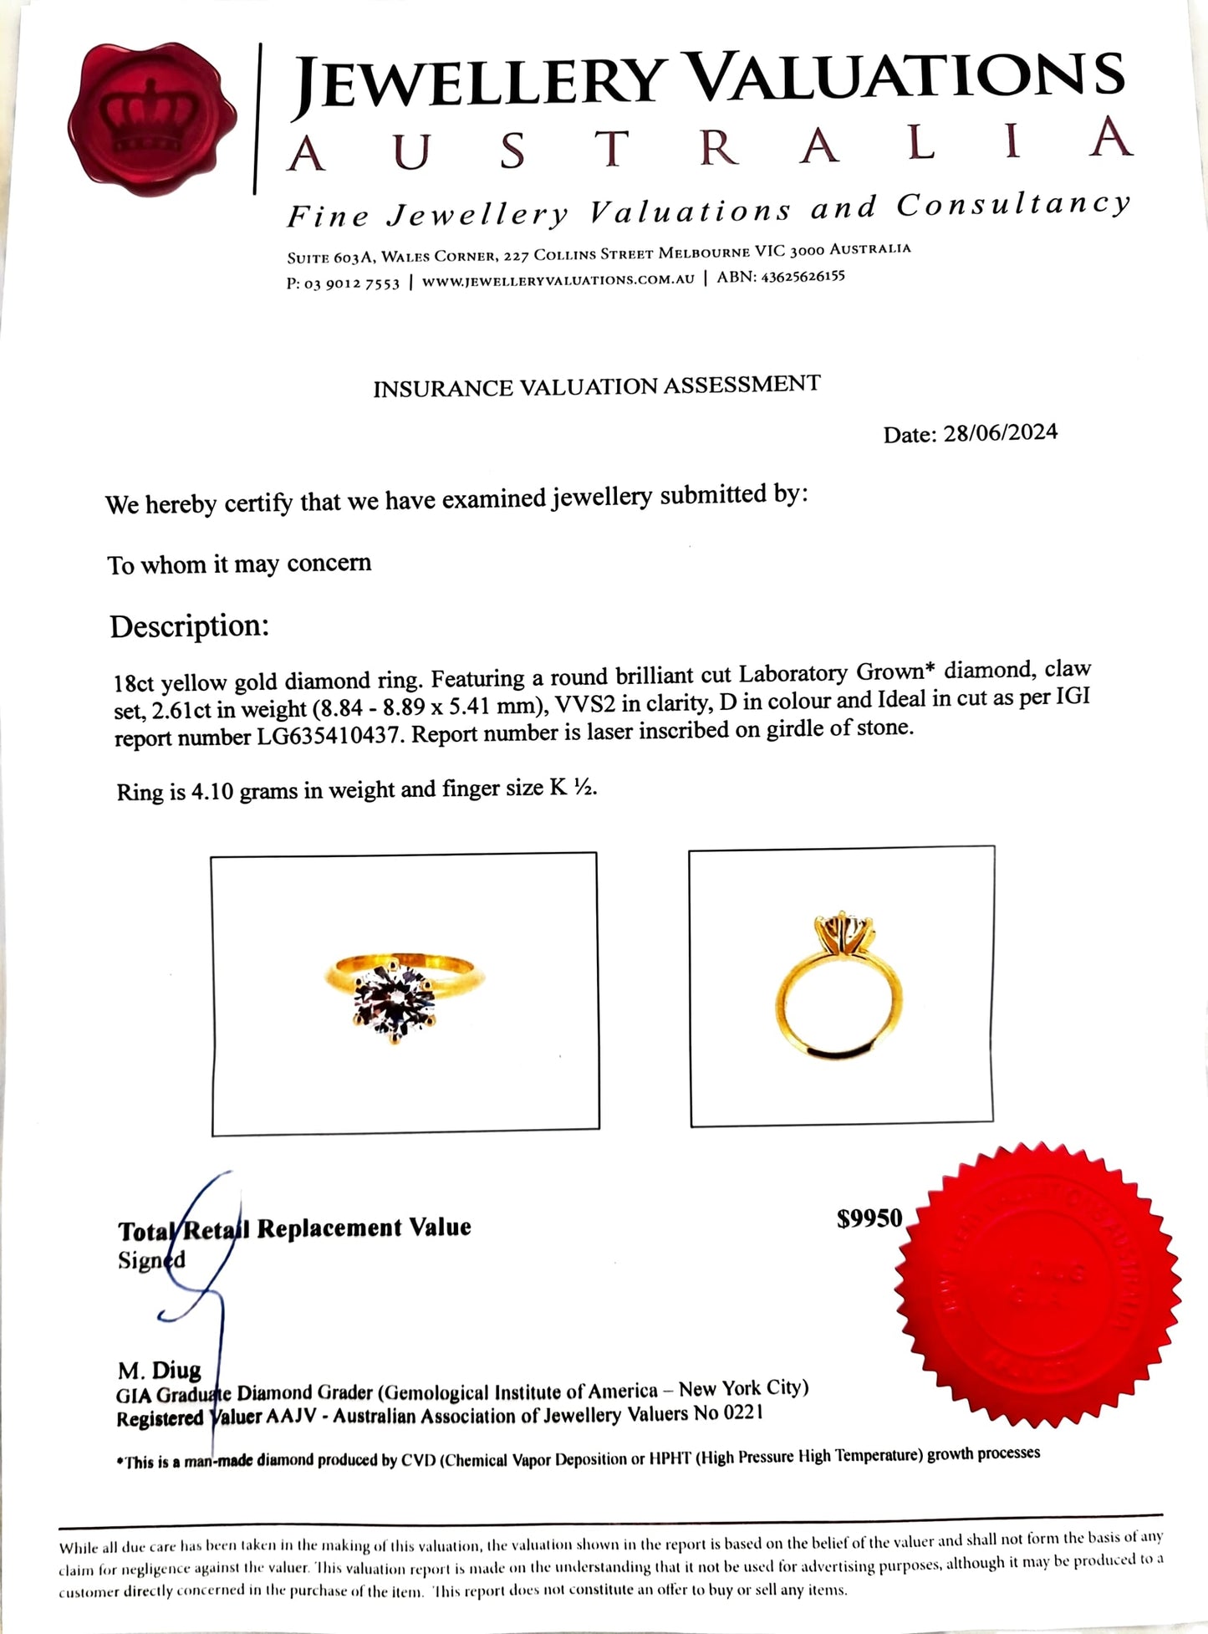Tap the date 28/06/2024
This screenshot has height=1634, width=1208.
(1000, 433)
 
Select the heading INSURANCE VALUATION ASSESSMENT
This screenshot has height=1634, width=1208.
(596, 386)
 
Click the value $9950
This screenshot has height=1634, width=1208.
(869, 1218)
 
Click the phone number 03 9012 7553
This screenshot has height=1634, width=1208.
(352, 283)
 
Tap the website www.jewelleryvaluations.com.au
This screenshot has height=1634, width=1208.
(558, 280)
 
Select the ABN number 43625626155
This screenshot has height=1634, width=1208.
(801, 277)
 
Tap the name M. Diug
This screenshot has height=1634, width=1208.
(160, 1369)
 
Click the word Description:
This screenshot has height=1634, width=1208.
(190, 626)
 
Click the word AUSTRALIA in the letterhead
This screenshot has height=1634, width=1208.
(709, 147)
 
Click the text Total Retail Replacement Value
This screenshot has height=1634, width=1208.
(294, 1228)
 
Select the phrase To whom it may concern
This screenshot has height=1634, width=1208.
(239, 564)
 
